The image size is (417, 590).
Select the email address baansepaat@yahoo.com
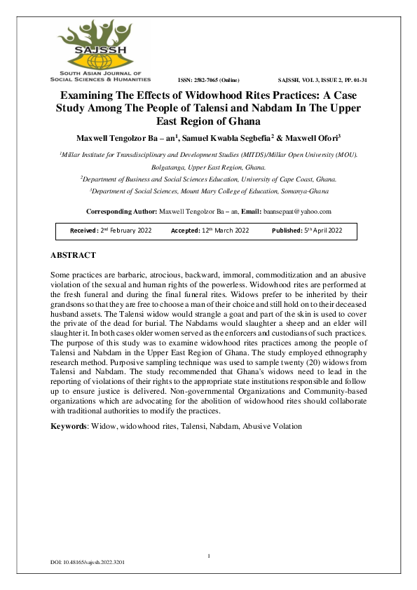[x=297, y=211]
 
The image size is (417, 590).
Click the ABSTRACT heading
[x=73, y=255]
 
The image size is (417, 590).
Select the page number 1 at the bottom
[x=208, y=556]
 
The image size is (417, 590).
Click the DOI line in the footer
[x=88, y=563]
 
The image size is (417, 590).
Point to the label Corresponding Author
[x=121, y=211]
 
